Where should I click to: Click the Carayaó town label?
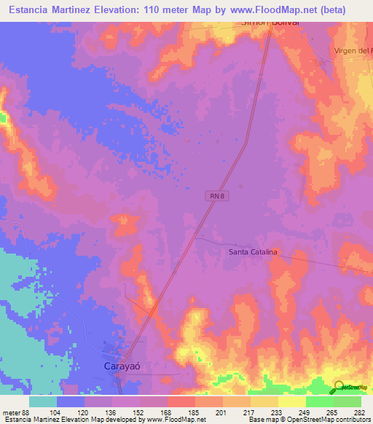(x=119, y=367)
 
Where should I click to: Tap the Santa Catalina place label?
(x=254, y=252)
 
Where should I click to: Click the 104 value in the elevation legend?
(x=56, y=412)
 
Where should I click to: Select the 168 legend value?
(x=166, y=412)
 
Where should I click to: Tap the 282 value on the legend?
(x=359, y=412)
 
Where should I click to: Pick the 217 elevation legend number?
(x=249, y=412)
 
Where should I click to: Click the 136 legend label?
(x=111, y=412)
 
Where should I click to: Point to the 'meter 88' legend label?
(x=16, y=412)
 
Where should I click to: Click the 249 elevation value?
(x=305, y=412)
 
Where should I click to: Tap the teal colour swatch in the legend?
(x=43, y=401)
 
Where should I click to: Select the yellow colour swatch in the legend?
(x=291, y=401)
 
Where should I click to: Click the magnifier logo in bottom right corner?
(x=339, y=387)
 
